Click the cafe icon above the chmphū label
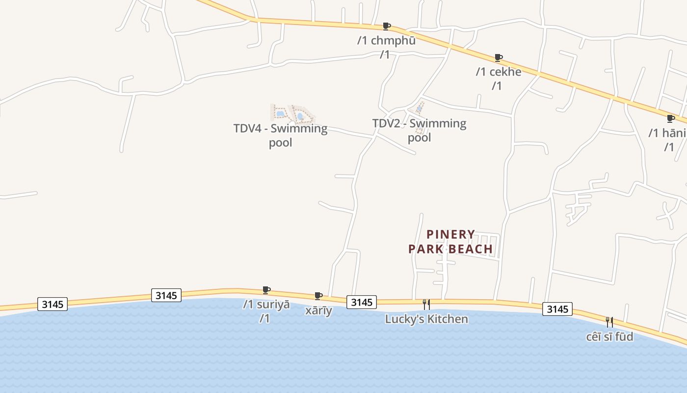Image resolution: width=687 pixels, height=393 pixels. coord(387,26)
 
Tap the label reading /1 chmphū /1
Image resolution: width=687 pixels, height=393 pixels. coord(386,47)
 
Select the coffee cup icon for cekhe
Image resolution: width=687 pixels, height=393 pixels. coord(499,57)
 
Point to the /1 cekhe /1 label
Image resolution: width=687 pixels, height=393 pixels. coord(498,79)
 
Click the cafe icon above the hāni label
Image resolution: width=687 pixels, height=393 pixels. coord(671,118)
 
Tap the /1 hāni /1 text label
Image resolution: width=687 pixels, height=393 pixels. coord(667,140)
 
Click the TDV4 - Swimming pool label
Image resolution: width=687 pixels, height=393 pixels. coord(280,135)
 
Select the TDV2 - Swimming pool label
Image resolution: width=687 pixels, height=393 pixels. coord(419,130)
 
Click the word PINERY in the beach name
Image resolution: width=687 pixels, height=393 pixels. coord(451,234)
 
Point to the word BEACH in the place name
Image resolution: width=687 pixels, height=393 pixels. coord(472,249)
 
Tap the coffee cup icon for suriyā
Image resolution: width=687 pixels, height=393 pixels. coord(266,290)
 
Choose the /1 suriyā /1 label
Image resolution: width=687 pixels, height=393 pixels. coord(266,311)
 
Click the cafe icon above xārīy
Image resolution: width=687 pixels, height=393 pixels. coord(318,296)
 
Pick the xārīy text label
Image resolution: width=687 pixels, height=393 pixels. coord(318,311)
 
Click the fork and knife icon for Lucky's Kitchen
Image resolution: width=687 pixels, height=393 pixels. coord(426,305)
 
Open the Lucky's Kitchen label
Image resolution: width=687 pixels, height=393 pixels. coord(426,319)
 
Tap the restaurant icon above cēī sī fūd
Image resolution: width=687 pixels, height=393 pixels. coord(609,322)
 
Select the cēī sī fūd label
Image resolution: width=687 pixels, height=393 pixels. coord(609,337)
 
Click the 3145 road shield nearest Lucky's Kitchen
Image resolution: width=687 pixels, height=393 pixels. coord(362,302)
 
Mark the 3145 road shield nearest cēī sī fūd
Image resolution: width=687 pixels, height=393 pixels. coord(557,309)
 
